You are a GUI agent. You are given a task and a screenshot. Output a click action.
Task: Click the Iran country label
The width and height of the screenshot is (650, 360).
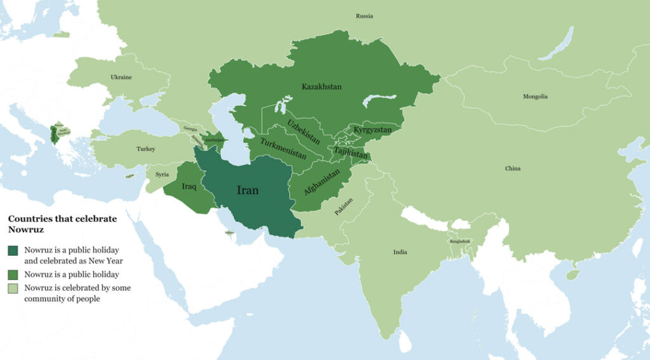(248, 190)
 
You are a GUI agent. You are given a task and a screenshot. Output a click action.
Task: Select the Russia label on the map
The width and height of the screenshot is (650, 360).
(364, 16)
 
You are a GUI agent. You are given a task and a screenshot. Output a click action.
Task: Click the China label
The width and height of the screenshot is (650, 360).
(512, 168)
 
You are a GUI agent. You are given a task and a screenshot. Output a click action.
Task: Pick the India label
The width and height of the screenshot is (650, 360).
(400, 252)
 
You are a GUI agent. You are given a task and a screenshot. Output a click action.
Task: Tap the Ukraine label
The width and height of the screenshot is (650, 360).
(121, 77)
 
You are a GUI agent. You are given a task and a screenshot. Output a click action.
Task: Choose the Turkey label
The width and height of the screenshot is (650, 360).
(145, 149)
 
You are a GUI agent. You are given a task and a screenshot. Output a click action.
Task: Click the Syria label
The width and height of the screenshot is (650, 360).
(162, 174)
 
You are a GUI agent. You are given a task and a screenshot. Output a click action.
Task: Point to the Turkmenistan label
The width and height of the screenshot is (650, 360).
(283, 149)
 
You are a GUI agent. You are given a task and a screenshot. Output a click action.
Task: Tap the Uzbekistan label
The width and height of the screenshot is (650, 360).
(303, 131)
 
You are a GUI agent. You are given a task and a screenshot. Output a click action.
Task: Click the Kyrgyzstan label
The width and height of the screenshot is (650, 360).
(373, 130)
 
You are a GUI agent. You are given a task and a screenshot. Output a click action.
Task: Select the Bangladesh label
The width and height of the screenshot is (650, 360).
(460, 242)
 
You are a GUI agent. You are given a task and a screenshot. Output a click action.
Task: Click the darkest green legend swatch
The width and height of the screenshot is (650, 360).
(13, 251)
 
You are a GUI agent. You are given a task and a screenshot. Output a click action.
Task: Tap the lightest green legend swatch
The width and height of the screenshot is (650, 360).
(13, 288)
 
